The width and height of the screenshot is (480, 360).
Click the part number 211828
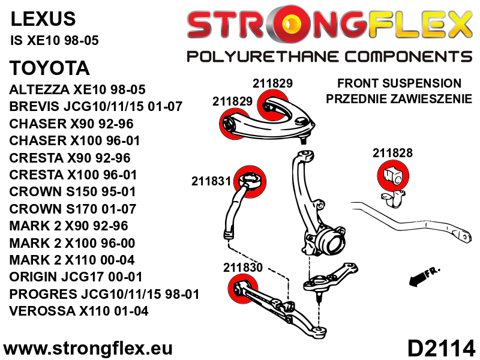(x=392, y=153)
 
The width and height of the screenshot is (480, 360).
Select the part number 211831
(x=211, y=181)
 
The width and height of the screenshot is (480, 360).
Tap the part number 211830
(x=243, y=268)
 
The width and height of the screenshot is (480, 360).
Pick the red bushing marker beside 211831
(x=250, y=182)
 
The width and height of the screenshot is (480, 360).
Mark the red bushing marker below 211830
(x=243, y=289)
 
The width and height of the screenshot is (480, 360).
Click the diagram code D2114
(x=440, y=348)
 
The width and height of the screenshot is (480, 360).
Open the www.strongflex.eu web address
(x=88, y=349)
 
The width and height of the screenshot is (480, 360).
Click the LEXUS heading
(x=43, y=19)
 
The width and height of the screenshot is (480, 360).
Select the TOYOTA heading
(x=50, y=68)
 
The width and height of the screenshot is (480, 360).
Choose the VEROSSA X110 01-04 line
(x=79, y=311)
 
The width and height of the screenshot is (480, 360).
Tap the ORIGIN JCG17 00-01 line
(x=76, y=277)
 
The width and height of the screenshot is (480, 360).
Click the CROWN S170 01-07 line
(x=73, y=209)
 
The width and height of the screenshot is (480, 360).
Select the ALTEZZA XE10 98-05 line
(x=77, y=89)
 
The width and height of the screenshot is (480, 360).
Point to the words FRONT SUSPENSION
(x=399, y=83)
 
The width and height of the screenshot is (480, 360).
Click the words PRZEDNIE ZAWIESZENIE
(x=399, y=98)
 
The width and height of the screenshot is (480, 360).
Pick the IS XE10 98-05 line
(x=55, y=40)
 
